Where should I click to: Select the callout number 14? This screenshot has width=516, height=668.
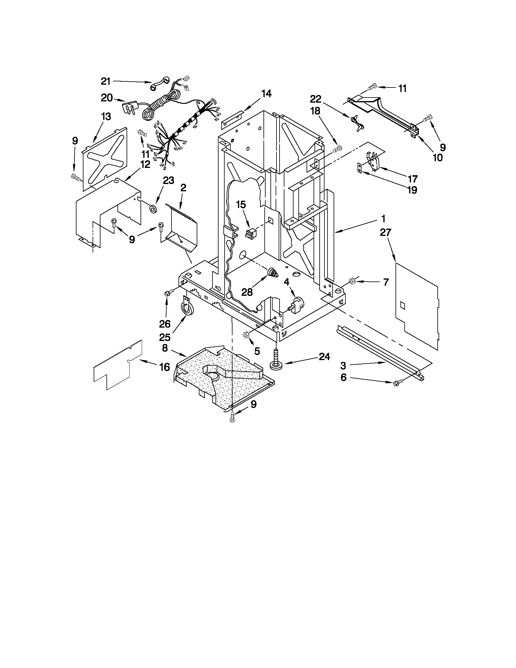266,94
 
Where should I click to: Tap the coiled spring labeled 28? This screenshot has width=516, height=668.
273,272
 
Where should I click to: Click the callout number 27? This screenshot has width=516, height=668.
385,233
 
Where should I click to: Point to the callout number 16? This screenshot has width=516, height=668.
165,367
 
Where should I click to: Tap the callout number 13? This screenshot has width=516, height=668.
106,117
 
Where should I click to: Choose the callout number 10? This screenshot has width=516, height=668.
438,158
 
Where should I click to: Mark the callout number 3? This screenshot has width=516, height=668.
343,365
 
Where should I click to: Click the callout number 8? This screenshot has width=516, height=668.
165,348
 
